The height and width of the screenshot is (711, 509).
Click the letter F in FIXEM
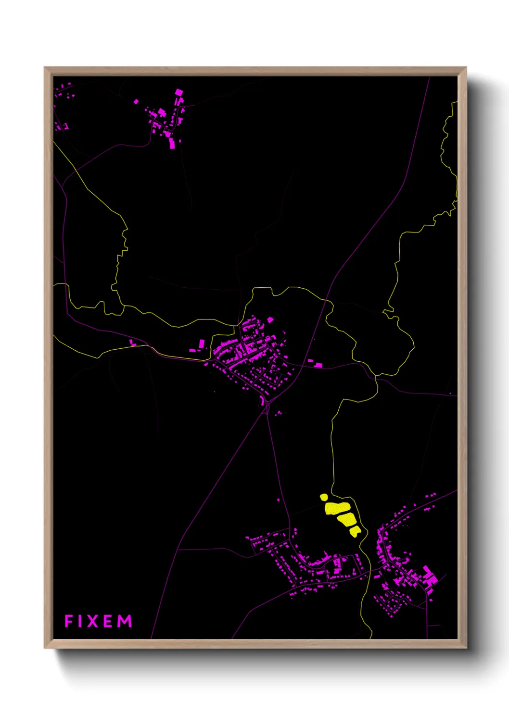click(68, 621)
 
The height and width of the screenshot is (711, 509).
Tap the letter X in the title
click(91, 621)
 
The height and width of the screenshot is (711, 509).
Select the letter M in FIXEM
click(125, 621)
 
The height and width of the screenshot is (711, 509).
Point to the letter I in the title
click(79, 621)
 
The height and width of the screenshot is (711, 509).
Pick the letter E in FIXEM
click(108, 621)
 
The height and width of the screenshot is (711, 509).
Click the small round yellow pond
click(324, 497)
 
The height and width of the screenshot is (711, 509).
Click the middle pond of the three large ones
click(346, 519)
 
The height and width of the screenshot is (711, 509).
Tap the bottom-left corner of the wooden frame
click(45, 648)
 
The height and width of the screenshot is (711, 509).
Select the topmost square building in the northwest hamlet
click(179, 92)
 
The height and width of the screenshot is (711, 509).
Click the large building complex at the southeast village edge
click(429, 576)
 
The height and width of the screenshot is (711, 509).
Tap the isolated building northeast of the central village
click(270, 319)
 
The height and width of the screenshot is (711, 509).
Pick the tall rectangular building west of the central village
click(202, 343)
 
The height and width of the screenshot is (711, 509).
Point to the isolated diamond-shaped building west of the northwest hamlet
click(136, 101)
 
